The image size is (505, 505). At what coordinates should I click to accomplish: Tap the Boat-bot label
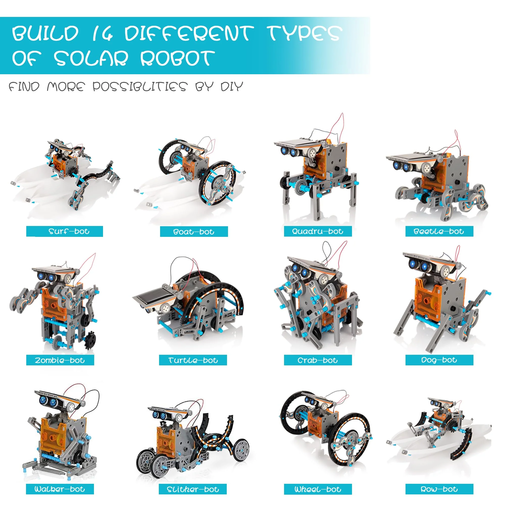click(194, 232)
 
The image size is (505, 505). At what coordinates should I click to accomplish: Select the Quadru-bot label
click(318, 231)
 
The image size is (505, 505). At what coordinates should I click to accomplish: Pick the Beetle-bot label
click(439, 231)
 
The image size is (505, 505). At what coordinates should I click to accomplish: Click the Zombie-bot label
click(60, 360)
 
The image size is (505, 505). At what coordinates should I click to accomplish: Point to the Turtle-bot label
click(193, 360)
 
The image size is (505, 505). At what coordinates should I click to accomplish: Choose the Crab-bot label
click(318, 360)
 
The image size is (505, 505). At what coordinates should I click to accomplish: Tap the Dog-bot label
click(439, 360)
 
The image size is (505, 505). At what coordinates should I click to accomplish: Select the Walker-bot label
click(60, 489)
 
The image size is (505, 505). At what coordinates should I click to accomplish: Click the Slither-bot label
click(193, 489)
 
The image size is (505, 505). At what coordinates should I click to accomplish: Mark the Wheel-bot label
click(318, 489)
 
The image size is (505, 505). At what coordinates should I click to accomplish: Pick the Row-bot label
click(439, 489)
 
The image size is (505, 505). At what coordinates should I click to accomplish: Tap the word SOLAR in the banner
click(91, 58)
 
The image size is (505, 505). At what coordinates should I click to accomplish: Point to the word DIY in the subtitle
click(232, 87)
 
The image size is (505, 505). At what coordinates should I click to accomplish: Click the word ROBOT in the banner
click(178, 58)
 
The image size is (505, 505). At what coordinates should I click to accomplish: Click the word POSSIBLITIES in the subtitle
click(140, 87)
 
